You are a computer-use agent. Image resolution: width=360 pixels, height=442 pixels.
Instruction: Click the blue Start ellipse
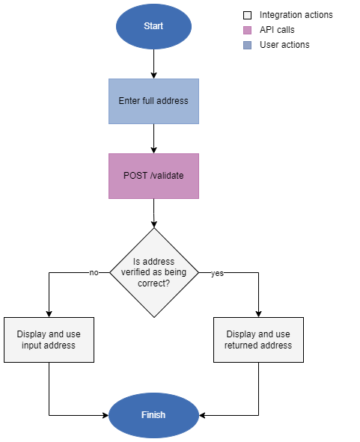[153, 26]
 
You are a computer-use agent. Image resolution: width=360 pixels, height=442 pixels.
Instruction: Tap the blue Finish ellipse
[153, 415]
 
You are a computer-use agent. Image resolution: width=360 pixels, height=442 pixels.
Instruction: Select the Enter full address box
[153, 101]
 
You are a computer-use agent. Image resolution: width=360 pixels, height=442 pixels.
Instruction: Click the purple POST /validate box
[153, 176]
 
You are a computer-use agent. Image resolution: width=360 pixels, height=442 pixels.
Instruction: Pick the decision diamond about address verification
[153, 272]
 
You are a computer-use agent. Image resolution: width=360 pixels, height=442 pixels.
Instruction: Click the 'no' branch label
[94, 273]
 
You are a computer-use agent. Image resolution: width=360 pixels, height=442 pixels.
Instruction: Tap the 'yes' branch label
[217, 274]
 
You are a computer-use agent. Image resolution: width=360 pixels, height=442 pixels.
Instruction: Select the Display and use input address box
[49, 340]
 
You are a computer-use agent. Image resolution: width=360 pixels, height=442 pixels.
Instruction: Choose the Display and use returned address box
[258, 340]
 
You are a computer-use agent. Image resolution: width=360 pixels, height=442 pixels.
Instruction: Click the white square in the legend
[247, 15]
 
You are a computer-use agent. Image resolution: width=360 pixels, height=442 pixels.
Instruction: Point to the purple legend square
[247, 30]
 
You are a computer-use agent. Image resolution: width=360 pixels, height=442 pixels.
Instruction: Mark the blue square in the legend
[247, 45]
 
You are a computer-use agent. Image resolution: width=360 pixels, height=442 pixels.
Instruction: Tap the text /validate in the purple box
[167, 176]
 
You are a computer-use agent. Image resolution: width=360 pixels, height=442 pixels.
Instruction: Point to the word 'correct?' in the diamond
[153, 284]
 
